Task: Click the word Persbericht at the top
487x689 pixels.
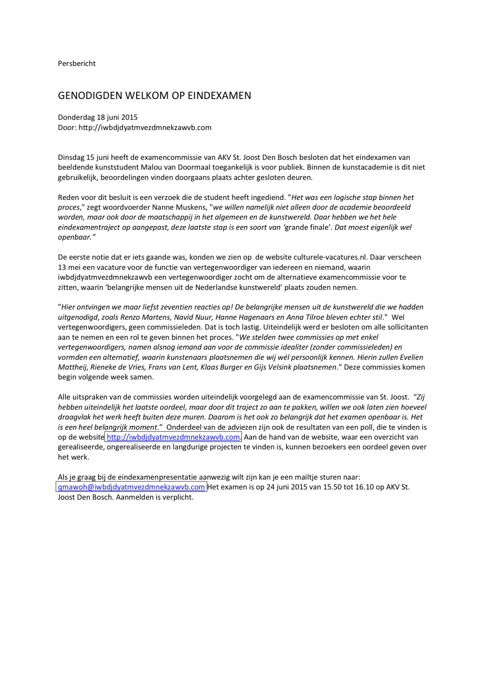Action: (76, 64)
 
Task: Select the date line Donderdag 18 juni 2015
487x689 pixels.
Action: (98, 117)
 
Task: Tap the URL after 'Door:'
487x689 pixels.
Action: (145, 128)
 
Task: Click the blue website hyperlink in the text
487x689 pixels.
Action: (173, 437)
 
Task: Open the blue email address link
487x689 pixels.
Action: (131, 487)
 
